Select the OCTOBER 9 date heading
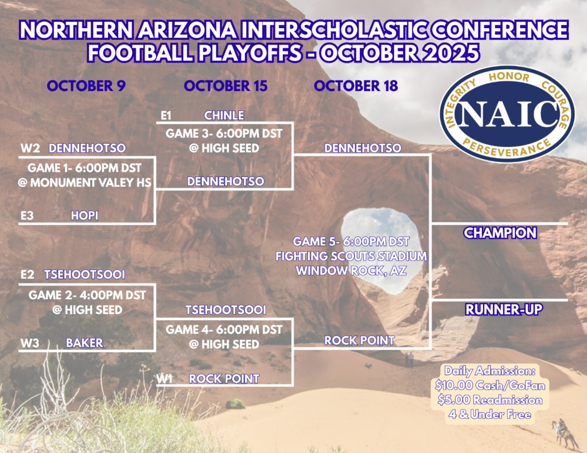coord(86,86)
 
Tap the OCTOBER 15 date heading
coord(225,86)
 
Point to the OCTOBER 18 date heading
coord(356,86)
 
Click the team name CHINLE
coord(224,115)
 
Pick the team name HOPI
coord(85,216)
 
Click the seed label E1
coord(166,115)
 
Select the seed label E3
coord(27,216)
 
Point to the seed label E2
coord(27,275)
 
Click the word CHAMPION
coord(500,233)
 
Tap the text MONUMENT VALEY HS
coord(90,182)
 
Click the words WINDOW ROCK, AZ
coord(351,271)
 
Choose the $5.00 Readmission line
coord(490,400)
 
